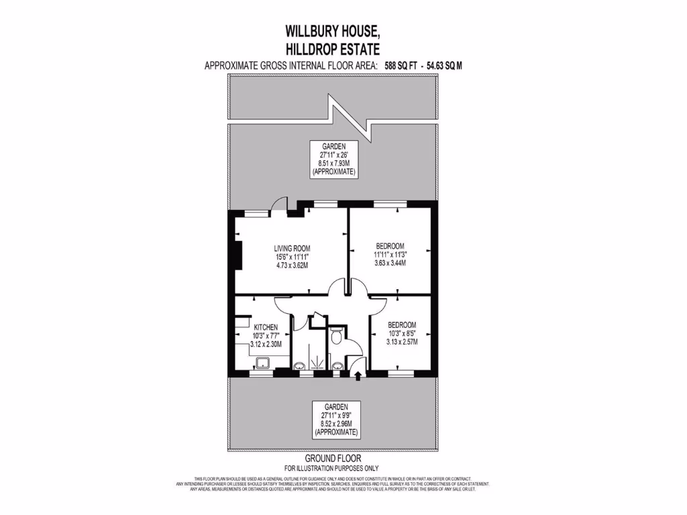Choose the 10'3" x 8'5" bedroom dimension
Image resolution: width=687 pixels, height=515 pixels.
[403, 333]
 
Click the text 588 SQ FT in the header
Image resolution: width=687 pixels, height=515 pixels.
[401, 66]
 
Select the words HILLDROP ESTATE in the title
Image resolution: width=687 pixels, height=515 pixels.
[333, 48]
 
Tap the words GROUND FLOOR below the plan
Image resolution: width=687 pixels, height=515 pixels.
[332, 459]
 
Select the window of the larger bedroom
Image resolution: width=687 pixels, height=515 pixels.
[386, 203]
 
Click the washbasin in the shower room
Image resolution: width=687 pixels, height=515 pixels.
[299, 365]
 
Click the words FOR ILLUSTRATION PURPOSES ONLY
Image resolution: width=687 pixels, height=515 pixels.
[331, 468]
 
